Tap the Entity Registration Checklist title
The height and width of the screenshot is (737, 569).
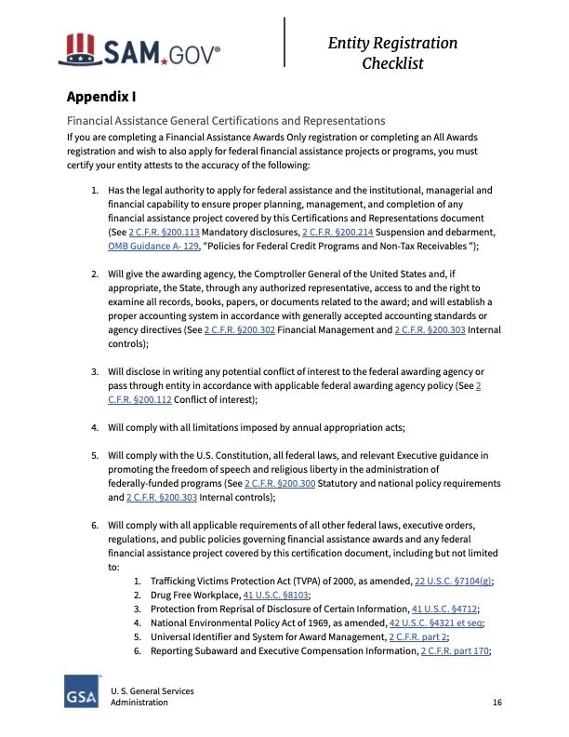click(x=392, y=53)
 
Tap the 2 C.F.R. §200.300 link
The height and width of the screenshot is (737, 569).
click(x=280, y=484)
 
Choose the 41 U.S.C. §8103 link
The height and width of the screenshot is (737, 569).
click(x=276, y=595)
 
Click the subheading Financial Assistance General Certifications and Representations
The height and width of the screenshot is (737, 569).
click(x=225, y=120)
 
